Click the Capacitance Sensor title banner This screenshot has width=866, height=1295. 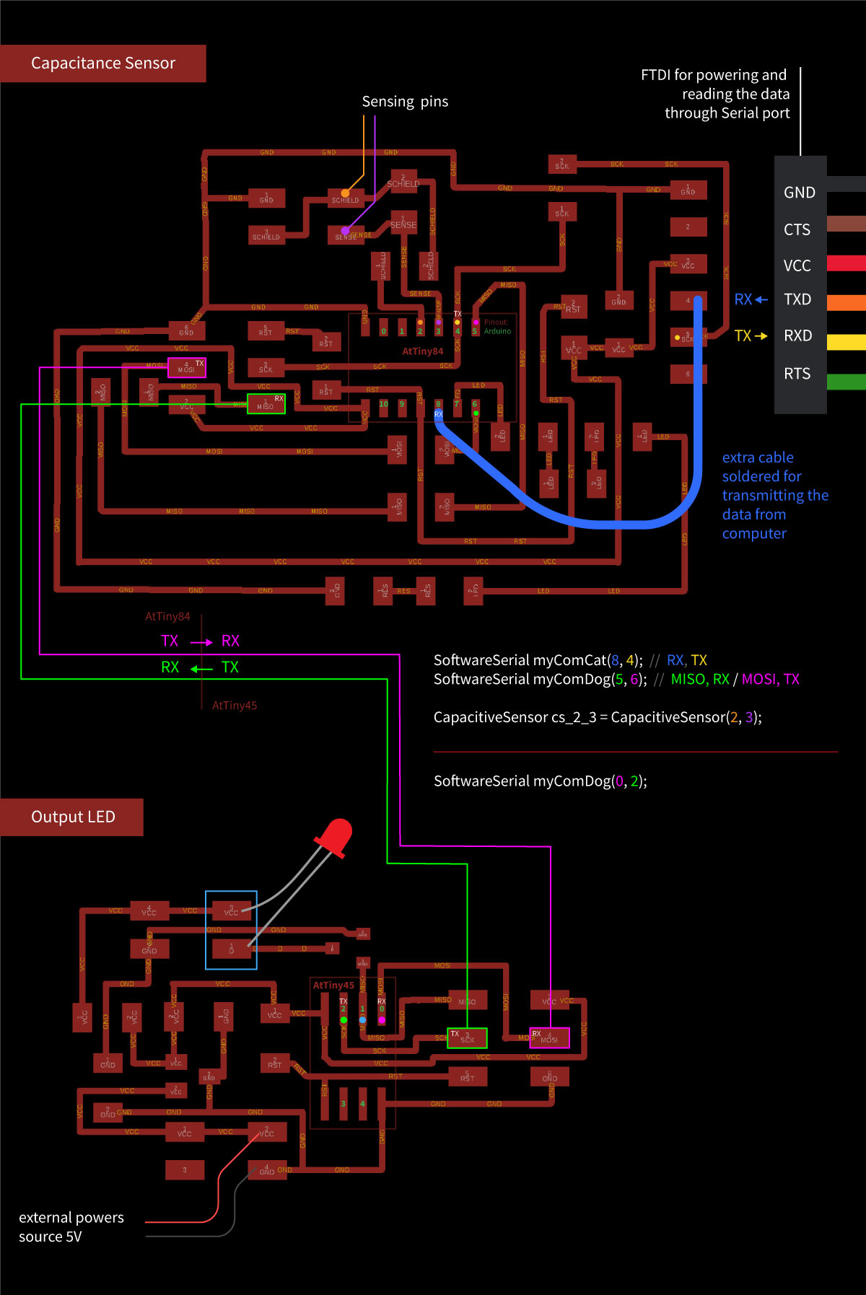[x=102, y=63]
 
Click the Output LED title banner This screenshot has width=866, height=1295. [x=72, y=817]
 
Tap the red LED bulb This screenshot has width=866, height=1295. [x=334, y=837]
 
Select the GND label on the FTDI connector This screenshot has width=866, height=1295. [x=799, y=193]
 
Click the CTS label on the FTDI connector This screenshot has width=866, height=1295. [x=797, y=229]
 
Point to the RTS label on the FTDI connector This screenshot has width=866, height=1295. [x=797, y=374]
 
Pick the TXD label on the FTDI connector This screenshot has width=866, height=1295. [x=797, y=299]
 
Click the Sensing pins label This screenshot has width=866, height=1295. [x=405, y=102]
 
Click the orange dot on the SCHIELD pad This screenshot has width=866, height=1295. [x=345, y=193]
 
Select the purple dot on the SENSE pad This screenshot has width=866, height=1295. [x=345, y=231]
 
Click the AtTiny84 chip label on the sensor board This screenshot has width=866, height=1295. [x=422, y=351]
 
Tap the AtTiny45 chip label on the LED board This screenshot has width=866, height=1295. [x=333, y=985]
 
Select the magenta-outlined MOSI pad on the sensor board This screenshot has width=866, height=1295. [x=187, y=367]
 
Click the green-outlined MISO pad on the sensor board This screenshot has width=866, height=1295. [x=266, y=404]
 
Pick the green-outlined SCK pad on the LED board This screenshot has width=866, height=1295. [x=467, y=1038]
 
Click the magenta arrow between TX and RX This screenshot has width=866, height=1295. [x=201, y=642]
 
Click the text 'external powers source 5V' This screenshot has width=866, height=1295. [x=71, y=1226]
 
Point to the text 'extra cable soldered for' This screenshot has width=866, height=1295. [x=761, y=467]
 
